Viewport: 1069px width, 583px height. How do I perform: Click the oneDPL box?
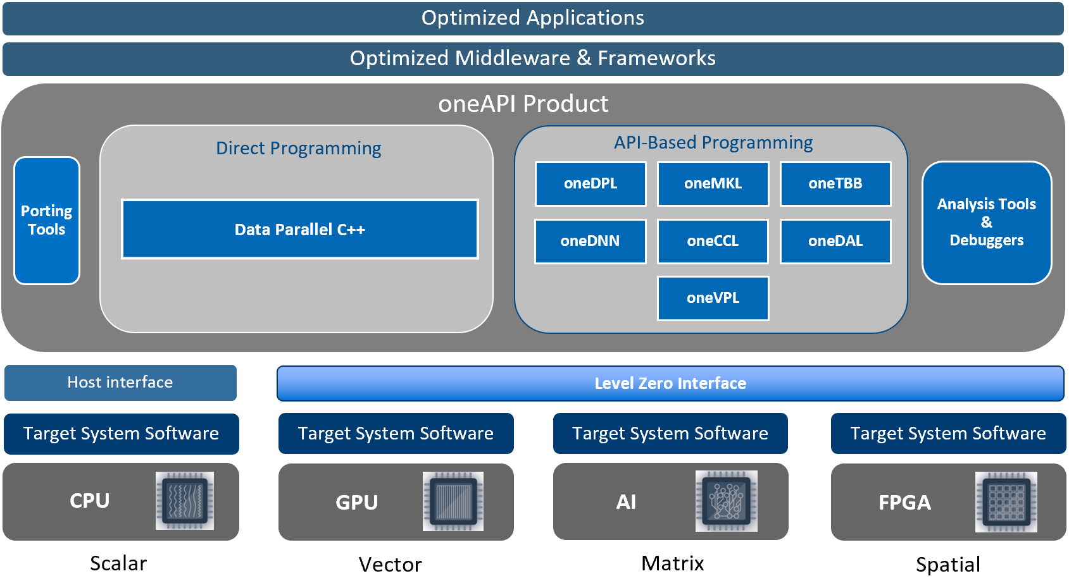[591, 184]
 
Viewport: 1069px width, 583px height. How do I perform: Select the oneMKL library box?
[713, 184]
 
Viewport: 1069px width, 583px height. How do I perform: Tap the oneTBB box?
[835, 184]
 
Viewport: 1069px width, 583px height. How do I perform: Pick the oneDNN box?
[591, 241]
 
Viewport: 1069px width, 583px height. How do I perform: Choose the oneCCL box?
[713, 241]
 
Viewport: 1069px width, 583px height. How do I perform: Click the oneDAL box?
[835, 241]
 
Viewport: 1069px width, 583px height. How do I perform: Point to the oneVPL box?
[713, 298]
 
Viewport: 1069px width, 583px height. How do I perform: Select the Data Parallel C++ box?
[300, 230]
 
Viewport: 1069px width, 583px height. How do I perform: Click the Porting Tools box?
[47, 221]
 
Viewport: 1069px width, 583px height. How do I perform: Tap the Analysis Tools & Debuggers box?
[986, 223]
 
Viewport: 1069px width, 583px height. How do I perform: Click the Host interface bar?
[120, 383]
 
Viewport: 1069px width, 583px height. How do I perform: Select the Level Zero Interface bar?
[670, 383]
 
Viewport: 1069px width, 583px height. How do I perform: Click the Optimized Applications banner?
[533, 18]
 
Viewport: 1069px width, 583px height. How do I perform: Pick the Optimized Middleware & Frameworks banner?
[533, 59]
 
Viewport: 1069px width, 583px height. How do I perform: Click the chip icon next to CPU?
[185, 501]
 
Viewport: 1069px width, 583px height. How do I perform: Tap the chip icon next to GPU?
[453, 501]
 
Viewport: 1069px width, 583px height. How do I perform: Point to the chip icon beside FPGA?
[1006, 502]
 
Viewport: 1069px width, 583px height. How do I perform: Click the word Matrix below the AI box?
[672, 563]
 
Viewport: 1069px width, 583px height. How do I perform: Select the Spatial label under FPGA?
[947, 564]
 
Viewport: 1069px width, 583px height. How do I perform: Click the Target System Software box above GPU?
[396, 434]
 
